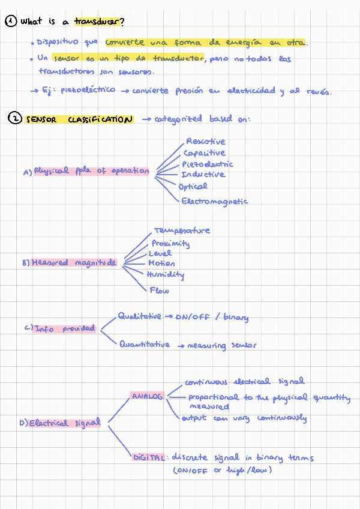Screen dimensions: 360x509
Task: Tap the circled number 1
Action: (11, 21)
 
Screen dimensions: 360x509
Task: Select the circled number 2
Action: (14, 119)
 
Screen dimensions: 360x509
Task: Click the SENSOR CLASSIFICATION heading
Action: (79, 119)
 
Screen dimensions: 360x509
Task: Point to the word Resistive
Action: (206, 142)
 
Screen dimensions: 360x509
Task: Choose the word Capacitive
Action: (205, 153)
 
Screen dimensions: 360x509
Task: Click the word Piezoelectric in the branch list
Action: (208, 164)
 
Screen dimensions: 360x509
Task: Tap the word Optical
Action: (193, 187)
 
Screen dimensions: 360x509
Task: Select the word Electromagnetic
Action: (214, 202)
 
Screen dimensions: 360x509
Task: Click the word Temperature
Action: (182, 230)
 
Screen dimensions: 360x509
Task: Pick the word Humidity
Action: (166, 275)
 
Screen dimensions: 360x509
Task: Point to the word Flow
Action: (160, 291)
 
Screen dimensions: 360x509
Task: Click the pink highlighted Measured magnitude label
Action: (74, 263)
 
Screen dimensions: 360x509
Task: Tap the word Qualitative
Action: (139, 316)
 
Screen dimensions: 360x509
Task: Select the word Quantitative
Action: (144, 345)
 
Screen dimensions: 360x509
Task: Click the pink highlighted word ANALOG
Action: (147, 397)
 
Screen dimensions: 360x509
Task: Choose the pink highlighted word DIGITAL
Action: (148, 457)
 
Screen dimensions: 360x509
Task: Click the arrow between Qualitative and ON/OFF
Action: (169, 316)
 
